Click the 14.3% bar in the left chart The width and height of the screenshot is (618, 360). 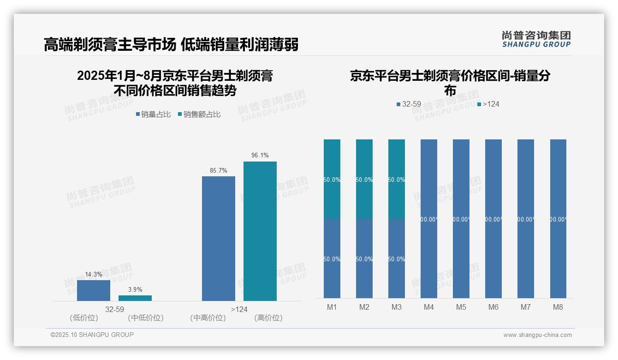coord(94,290)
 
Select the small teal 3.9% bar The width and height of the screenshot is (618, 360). coord(135,298)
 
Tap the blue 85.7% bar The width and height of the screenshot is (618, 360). coord(219,239)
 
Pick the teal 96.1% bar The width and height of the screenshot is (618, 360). coord(260,231)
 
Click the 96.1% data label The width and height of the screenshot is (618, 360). coord(260,156)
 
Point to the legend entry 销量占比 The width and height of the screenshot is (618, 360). coord(153,114)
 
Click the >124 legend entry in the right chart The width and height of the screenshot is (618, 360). coord(488,104)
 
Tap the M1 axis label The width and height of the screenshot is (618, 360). coord(332,307)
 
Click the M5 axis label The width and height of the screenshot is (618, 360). coord(461,307)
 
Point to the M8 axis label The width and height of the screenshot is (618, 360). coord(558,307)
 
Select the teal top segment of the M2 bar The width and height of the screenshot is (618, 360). coord(364,179)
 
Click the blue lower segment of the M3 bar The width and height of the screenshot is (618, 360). coord(397,258)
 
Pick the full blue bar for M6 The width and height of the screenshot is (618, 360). coord(493,219)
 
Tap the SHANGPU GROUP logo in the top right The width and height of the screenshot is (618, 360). coord(536,39)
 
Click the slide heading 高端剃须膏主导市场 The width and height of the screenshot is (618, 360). coord(110,45)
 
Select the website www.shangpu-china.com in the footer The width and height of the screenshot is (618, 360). coord(537,335)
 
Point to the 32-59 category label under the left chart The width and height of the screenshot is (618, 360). coord(114,309)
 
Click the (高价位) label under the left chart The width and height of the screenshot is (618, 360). coord(268,318)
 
